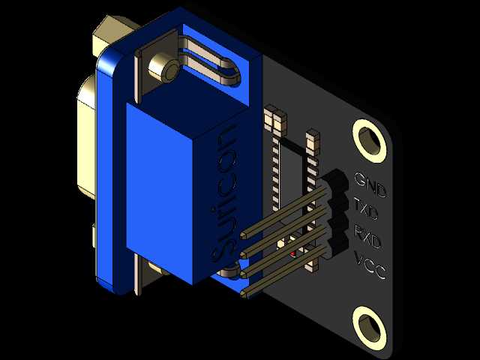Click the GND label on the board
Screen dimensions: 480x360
[x=370, y=184]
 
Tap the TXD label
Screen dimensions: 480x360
[x=366, y=209]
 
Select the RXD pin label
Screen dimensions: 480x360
[x=367, y=236]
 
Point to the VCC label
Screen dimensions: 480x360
[x=370, y=264]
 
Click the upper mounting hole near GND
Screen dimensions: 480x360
[x=369, y=141]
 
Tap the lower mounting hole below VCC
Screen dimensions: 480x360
[x=369, y=328]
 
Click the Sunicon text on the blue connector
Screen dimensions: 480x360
[x=223, y=193]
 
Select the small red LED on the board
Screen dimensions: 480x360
[x=293, y=253]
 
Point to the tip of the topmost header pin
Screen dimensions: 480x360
[x=243, y=235]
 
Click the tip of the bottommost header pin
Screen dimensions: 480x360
[x=243, y=294]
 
